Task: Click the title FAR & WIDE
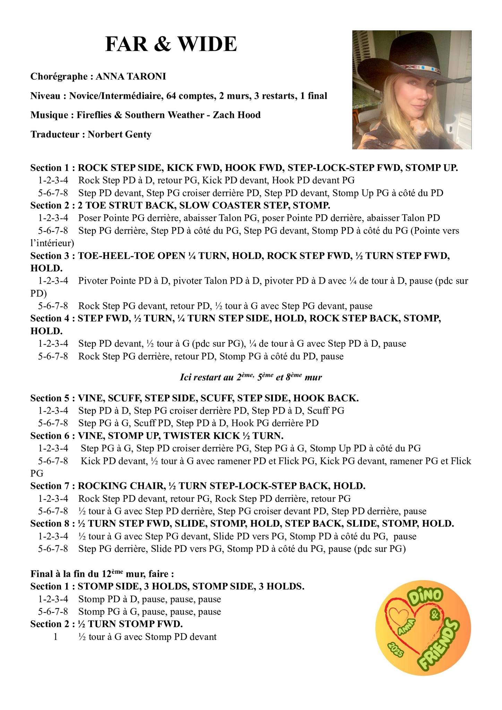pyautogui.click(x=171, y=44)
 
